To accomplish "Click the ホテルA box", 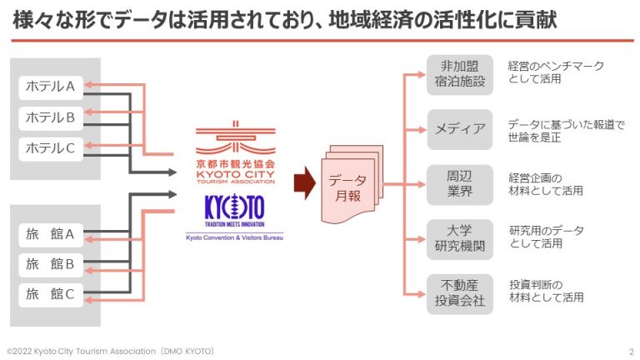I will pyautogui.click(x=51, y=86).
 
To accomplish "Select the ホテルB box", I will pyautogui.click(x=51, y=117).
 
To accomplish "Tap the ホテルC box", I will pyautogui.click(x=51, y=149).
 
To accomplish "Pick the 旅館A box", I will pyautogui.click(x=51, y=233).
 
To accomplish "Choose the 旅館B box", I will pyautogui.click(x=51, y=264).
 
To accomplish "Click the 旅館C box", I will pyautogui.click(x=51, y=294).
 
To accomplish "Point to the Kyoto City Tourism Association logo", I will pyautogui.click(x=235, y=147).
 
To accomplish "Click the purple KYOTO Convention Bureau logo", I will pyautogui.click(x=235, y=216).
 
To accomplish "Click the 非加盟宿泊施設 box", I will pyautogui.click(x=459, y=75).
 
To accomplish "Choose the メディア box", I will pyautogui.click(x=459, y=129).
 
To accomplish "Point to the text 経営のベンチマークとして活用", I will pyautogui.click(x=556, y=72).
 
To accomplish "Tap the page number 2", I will pyautogui.click(x=630, y=352).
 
